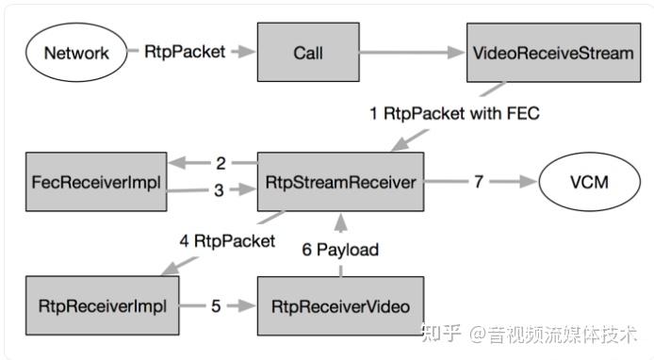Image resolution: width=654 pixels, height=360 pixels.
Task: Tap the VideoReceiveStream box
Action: (550, 52)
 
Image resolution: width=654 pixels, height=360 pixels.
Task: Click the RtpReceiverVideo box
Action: (340, 305)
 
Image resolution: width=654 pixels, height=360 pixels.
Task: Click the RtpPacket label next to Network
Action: (186, 52)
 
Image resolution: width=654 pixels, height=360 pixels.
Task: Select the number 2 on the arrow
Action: (221, 162)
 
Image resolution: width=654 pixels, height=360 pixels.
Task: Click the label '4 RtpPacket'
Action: (226, 241)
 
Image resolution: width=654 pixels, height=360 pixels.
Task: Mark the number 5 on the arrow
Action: (216, 305)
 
